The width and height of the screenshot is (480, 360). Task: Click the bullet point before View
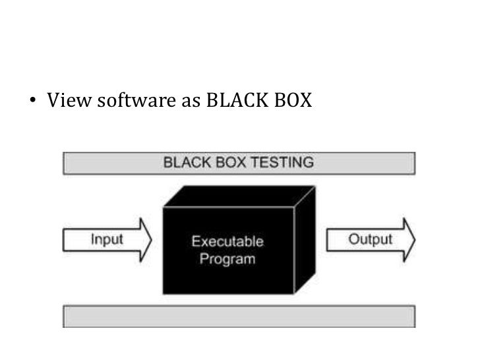tap(34, 103)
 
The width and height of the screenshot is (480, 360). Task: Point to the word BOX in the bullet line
tap(292, 102)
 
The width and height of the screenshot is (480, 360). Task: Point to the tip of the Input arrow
tap(151, 239)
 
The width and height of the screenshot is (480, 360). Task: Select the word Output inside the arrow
tap(370, 239)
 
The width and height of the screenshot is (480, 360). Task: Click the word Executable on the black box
tap(227, 242)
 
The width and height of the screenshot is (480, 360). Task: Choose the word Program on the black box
tap(227, 258)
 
